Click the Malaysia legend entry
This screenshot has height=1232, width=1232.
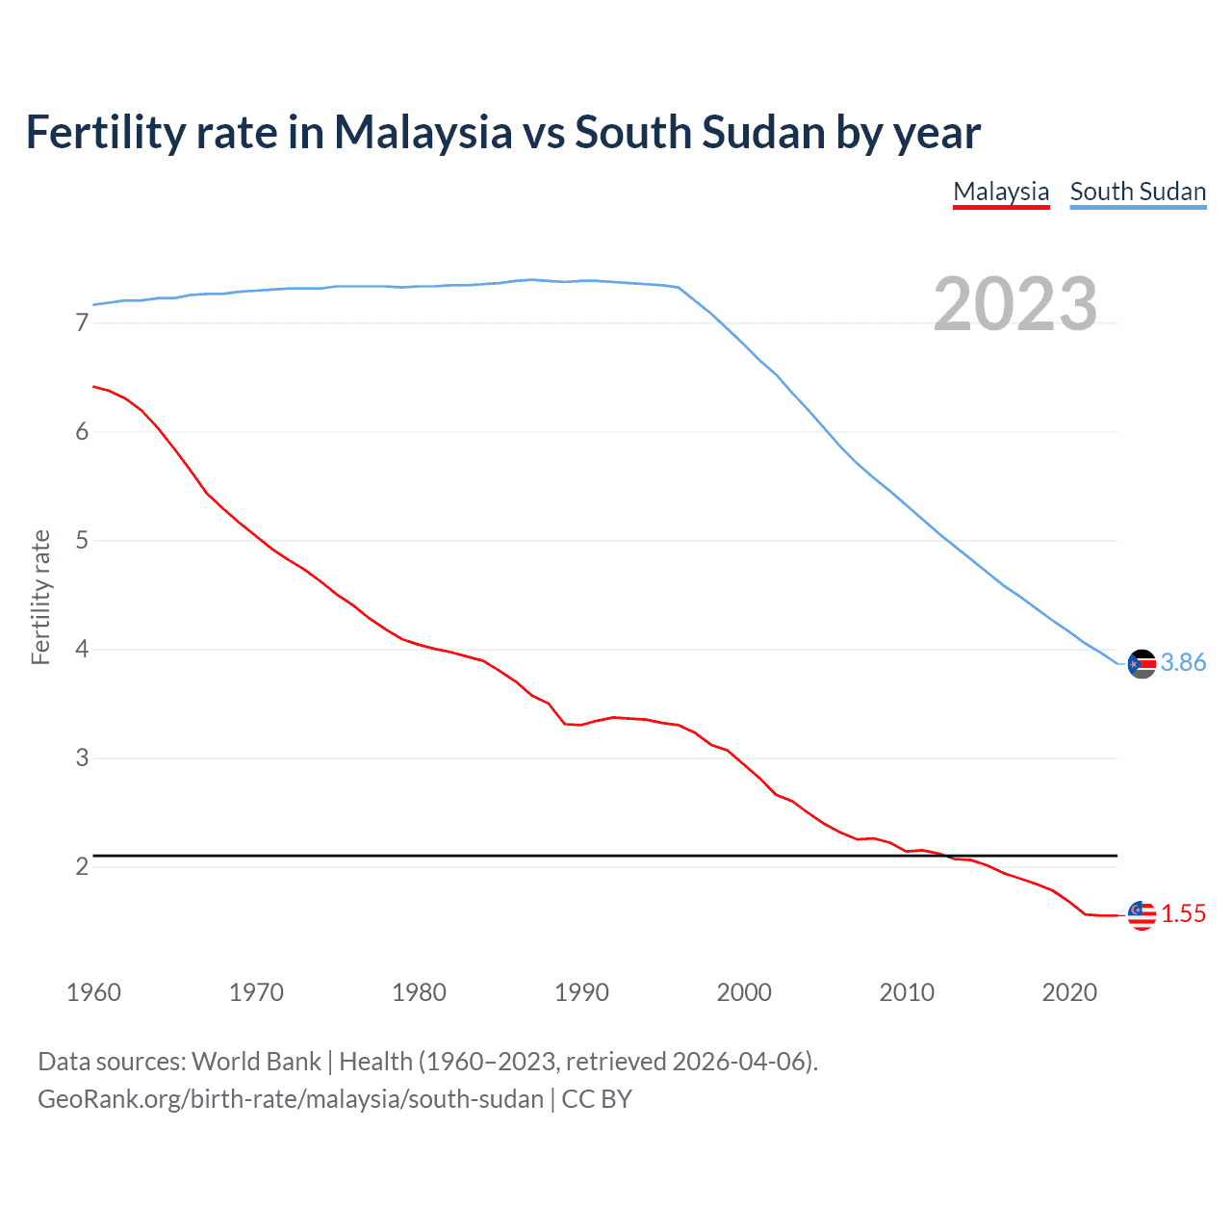tap(1001, 192)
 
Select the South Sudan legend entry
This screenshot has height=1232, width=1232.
tap(1138, 192)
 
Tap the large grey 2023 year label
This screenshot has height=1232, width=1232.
tap(1015, 304)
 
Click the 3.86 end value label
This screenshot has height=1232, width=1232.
tap(1183, 662)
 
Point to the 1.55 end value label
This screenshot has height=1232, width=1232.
tap(1183, 913)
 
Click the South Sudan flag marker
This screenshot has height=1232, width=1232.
tap(1142, 663)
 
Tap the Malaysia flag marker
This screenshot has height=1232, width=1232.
tap(1142, 914)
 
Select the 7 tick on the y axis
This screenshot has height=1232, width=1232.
tap(82, 323)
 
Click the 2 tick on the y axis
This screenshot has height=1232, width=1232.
tap(82, 867)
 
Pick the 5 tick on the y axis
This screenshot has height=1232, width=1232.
tap(82, 541)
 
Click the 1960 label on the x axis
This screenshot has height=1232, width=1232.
tap(93, 992)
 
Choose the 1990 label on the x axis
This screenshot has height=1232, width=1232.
tap(581, 992)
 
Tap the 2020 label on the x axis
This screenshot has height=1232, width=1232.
tap(1069, 992)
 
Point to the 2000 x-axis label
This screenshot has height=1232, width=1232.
tap(744, 992)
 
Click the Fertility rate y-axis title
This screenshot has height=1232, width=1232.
tap(40, 597)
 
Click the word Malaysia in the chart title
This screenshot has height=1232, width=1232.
tap(423, 133)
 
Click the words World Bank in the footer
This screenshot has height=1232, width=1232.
tap(256, 1062)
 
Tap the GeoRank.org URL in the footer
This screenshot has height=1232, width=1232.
tap(291, 1099)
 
